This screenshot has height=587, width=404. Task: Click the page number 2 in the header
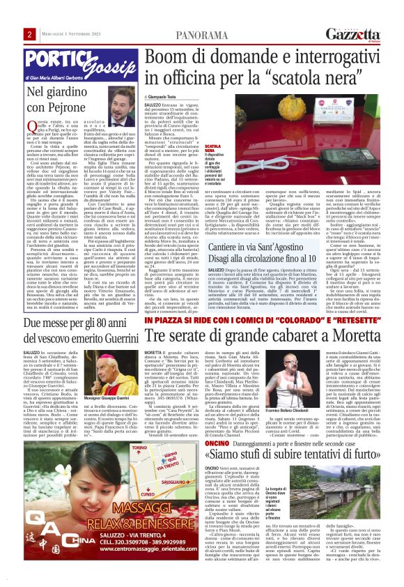(x=31, y=35)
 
